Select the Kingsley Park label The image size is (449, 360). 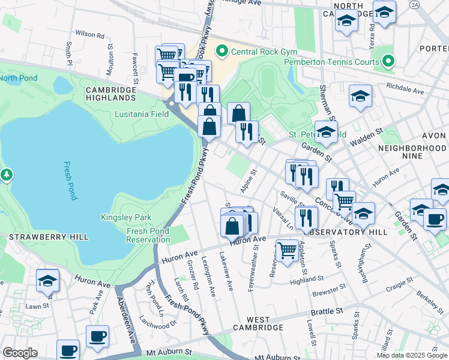click(x=125, y=218)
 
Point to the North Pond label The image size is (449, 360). click(x=18, y=78)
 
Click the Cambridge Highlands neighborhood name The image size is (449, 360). click(x=111, y=93)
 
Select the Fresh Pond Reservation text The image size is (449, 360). click(x=148, y=235)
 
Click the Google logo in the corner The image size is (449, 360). click(x=20, y=353)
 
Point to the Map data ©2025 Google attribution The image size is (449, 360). click(x=412, y=355)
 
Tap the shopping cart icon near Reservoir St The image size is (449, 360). click(x=288, y=250)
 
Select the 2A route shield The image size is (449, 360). click(x=414, y=4)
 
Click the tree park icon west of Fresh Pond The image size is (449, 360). click(x=7, y=175)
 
